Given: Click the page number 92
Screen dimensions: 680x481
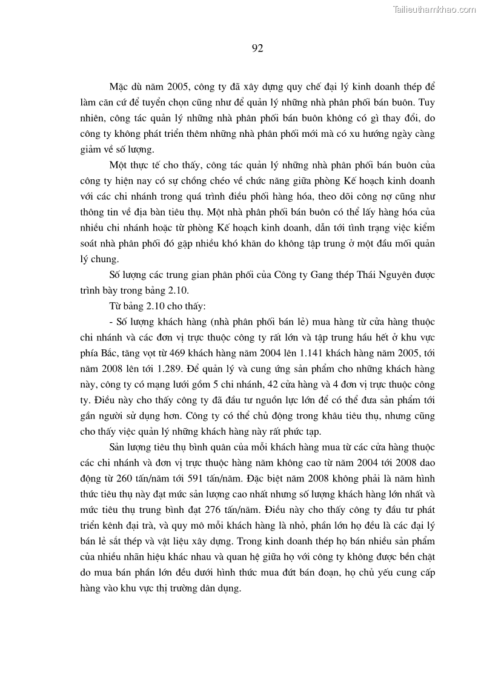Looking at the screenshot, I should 257,48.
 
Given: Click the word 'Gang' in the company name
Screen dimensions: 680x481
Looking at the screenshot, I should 325,274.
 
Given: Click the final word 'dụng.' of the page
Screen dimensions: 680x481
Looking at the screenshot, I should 227,590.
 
